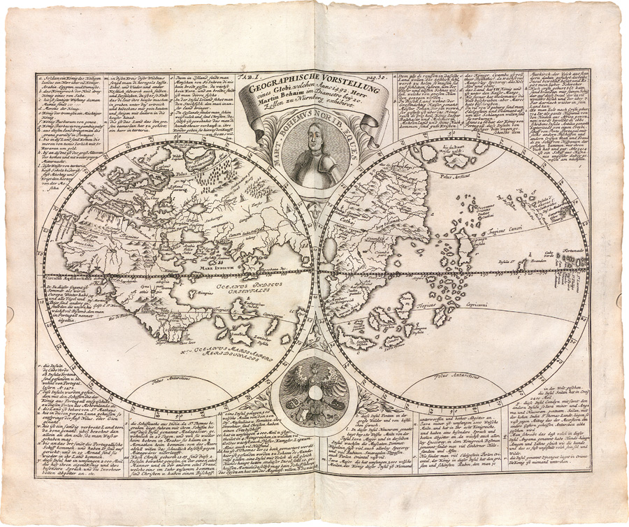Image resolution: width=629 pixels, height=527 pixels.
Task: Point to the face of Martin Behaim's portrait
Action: click(x=312, y=137)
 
